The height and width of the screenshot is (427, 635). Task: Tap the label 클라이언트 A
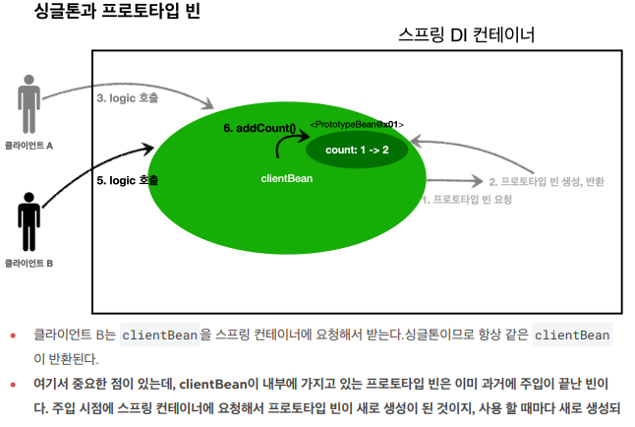(x=29, y=144)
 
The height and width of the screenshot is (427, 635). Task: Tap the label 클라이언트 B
(x=29, y=263)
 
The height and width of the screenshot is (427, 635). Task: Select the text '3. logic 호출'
(x=128, y=97)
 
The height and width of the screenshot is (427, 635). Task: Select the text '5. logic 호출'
(x=128, y=181)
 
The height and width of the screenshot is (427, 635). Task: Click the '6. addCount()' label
(x=260, y=129)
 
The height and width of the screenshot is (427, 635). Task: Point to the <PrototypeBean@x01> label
(x=357, y=124)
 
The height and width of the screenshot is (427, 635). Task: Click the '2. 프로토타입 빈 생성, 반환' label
(x=547, y=181)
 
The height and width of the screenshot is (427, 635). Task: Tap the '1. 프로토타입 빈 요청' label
(x=467, y=199)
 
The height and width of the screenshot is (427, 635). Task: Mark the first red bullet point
(x=14, y=335)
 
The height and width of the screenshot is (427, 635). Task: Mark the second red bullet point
(x=14, y=383)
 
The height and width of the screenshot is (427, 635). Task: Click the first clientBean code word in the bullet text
(x=160, y=335)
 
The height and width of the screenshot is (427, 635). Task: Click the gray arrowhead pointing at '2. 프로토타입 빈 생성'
(x=478, y=181)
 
